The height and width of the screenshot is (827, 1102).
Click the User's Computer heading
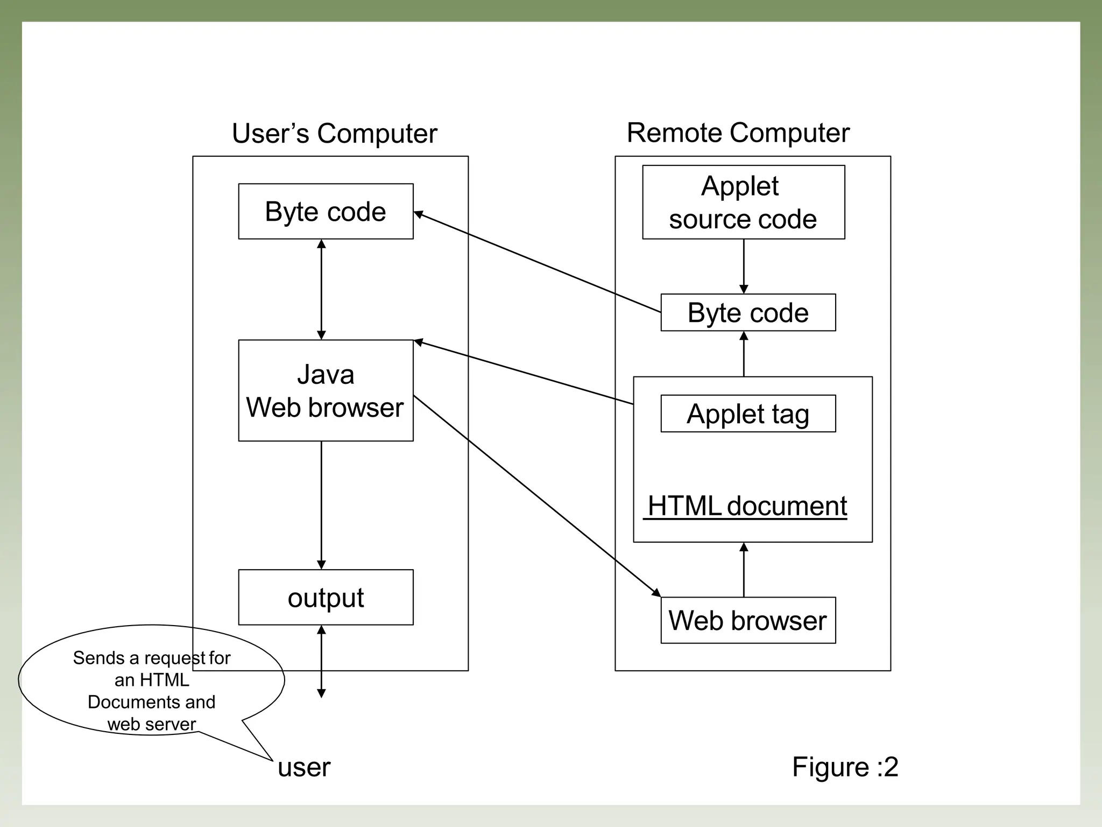click(334, 133)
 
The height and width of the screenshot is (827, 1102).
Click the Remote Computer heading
click(738, 132)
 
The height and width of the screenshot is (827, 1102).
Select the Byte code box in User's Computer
click(326, 211)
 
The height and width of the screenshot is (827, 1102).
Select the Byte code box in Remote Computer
click(748, 312)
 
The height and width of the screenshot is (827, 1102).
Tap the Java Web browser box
click(326, 390)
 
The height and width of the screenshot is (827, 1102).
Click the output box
click(326, 597)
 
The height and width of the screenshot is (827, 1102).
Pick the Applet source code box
click(743, 202)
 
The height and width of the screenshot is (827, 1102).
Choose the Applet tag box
click(748, 413)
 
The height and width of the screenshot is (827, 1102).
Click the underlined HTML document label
click(747, 506)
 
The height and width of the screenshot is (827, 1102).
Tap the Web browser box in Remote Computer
click(748, 620)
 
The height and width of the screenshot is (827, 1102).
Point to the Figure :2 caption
click(845, 766)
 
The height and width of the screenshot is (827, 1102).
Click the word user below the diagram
click(304, 767)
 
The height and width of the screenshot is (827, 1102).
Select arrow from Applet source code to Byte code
click(744, 267)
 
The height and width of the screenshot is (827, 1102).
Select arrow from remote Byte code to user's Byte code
click(538, 263)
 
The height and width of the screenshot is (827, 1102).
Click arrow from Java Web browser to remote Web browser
click(538, 497)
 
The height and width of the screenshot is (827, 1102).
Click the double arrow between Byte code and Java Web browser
click(321, 289)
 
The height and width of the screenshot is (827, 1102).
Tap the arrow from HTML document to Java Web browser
click(525, 373)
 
